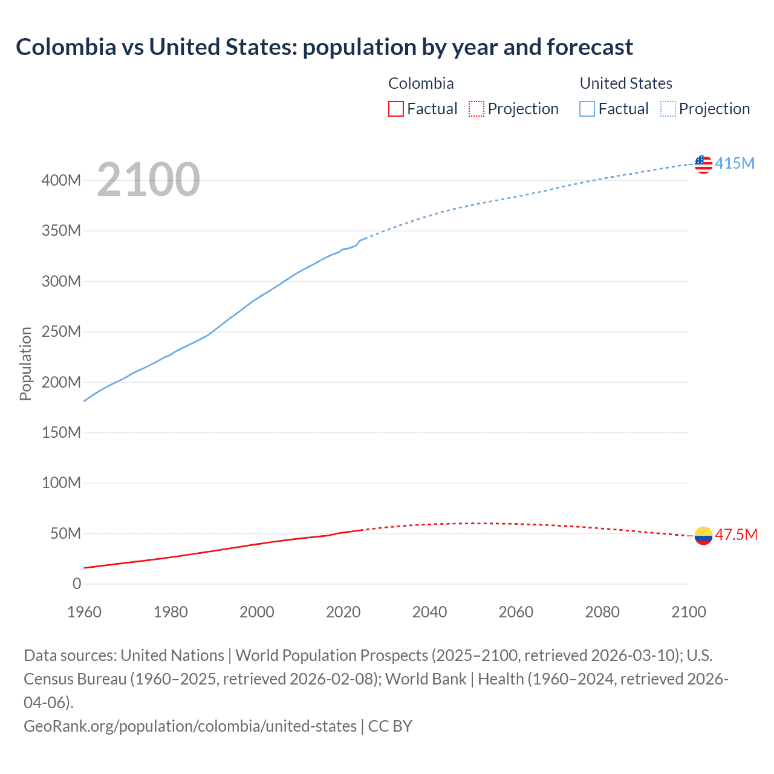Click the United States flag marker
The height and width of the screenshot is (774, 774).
703,164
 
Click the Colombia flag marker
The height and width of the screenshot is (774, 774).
703,535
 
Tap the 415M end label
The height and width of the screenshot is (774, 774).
735,163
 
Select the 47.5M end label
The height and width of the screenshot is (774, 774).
736,535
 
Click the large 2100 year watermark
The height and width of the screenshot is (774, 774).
148,180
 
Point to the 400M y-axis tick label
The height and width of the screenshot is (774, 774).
61,180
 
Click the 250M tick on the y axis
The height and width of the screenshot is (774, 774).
61,331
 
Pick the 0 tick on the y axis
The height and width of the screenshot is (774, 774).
77,584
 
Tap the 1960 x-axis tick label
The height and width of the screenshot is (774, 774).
84,612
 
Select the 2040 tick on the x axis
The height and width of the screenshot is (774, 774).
429,612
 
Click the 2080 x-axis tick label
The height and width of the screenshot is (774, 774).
602,612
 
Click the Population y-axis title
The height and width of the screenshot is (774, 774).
25,363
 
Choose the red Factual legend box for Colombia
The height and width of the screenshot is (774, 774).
395,109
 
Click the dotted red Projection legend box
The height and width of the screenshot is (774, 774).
476,109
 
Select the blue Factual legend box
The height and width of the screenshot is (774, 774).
587,109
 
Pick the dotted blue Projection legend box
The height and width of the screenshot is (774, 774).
668,109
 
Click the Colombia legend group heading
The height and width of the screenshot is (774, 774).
421,83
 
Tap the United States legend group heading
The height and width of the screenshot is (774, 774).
626,83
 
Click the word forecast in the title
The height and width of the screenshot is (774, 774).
590,47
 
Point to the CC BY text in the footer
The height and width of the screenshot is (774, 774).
390,726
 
